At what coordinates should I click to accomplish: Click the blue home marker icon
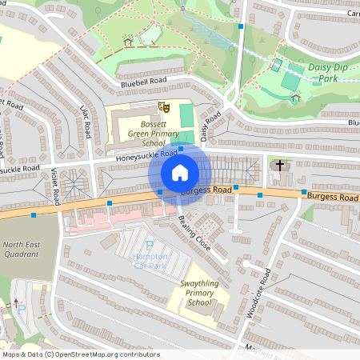180,173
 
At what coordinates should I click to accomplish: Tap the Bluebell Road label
144,82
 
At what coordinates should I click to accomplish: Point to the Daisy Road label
210,128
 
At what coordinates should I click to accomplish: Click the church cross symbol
279,166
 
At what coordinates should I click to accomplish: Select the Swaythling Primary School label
197,298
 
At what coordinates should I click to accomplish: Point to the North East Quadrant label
20,249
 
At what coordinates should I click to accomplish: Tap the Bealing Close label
194,234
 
